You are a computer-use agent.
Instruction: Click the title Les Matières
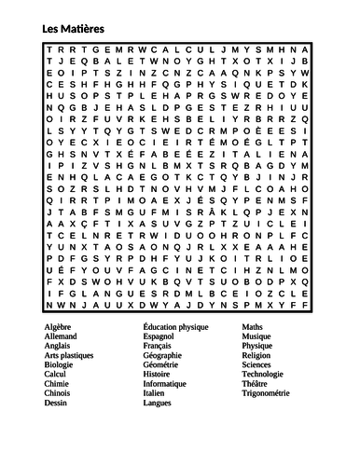(x=74, y=30)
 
